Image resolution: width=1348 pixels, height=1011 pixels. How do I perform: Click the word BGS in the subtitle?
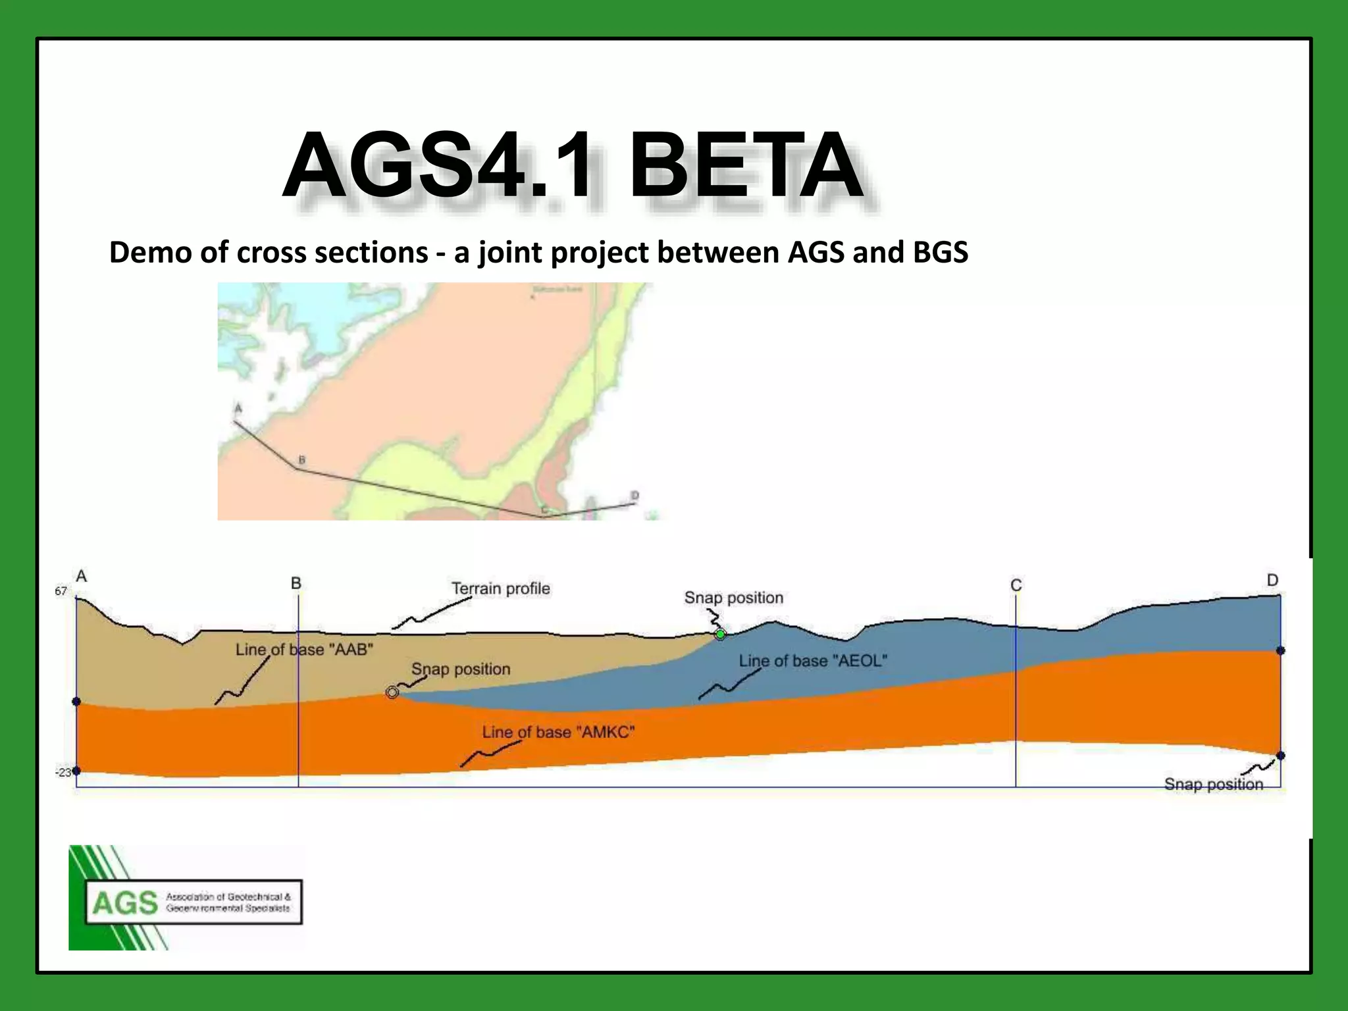coord(941,253)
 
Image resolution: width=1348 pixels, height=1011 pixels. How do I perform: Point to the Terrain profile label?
coord(500,588)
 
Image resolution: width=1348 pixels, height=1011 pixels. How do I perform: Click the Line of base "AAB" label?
coord(304,650)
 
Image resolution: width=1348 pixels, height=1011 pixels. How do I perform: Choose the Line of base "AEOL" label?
coord(813,661)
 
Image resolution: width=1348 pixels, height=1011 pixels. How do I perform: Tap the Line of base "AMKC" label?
coord(558,732)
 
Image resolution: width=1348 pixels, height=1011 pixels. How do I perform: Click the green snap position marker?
coord(720,635)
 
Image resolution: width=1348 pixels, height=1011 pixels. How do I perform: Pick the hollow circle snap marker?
coord(392,692)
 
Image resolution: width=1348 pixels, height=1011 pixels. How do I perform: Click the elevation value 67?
coord(61,591)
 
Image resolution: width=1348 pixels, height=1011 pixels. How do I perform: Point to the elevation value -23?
coord(63,772)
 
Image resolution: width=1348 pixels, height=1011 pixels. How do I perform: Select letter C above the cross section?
coord(1016,585)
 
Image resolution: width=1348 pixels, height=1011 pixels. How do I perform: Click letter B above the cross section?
coord(296,583)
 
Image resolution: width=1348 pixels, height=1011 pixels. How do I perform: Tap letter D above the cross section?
coord(1272,580)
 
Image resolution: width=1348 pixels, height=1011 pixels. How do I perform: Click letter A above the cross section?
coord(82,577)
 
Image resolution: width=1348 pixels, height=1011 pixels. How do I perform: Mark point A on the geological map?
coord(238,409)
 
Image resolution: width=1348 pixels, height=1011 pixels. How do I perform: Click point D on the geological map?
coord(635,496)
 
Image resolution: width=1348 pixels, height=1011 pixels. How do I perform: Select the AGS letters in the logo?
coord(125,903)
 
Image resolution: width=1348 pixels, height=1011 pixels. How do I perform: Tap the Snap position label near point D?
coord(1213,784)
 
